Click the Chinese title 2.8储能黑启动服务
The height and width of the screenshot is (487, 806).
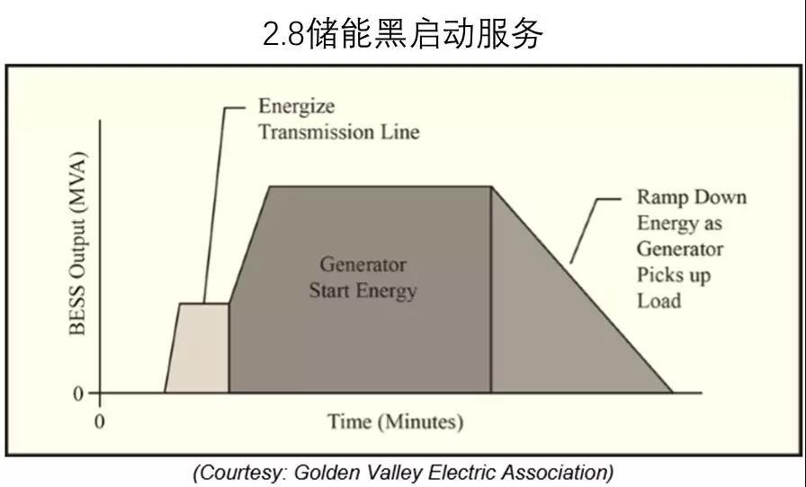click(403, 33)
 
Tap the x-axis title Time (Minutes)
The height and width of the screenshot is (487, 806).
click(395, 421)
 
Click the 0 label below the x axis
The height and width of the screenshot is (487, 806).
click(100, 421)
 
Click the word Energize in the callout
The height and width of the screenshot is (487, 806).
click(296, 106)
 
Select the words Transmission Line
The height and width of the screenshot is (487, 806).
click(338, 131)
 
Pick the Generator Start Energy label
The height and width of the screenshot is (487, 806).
click(363, 278)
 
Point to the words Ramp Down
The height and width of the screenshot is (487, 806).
click(691, 197)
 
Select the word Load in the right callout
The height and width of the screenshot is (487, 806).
click(658, 300)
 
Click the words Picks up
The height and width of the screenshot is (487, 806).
click(673, 274)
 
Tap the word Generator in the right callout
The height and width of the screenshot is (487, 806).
click(679, 248)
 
